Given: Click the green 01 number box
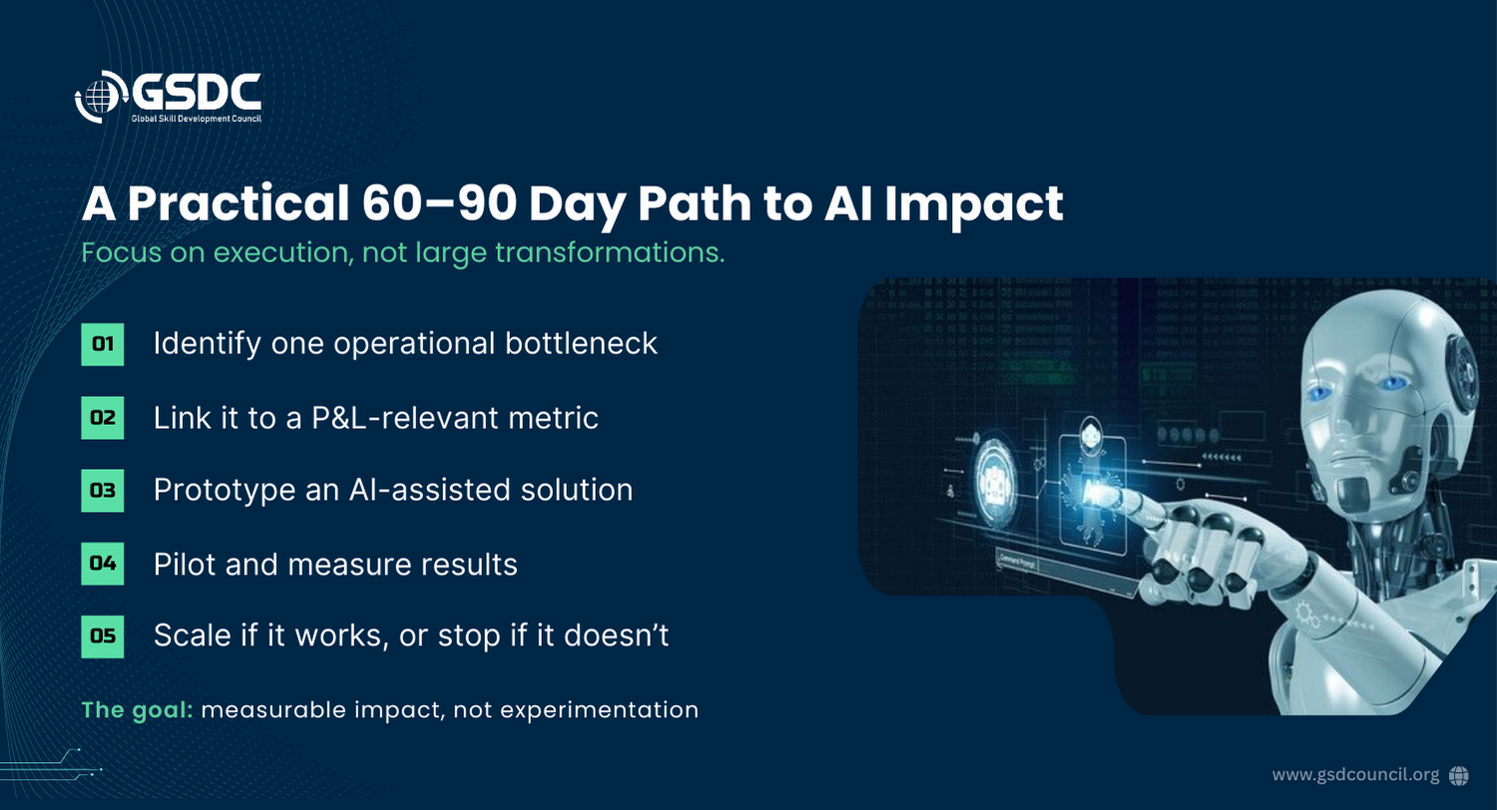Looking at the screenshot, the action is (x=102, y=344).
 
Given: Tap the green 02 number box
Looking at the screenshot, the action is (x=102, y=417).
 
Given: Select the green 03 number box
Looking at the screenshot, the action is (x=102, y=490).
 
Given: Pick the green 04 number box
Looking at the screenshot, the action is (x=102, y=564).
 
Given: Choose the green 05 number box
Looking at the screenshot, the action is (x=102, y=636).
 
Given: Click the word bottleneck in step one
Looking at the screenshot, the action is (x=581, y=343).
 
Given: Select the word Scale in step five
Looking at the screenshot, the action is (x=192, y=635).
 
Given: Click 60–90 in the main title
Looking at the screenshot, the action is (x=439, y=203).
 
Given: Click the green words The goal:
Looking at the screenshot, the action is (x=137, y=710).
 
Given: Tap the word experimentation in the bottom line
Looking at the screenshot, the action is (x=599, y=710).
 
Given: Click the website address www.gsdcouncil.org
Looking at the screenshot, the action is (x=1355, y=775).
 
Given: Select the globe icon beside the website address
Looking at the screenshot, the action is (x=1459, y=775).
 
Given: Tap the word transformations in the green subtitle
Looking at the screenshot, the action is (x=610, y=253).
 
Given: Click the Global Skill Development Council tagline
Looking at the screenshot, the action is (x=196, y=119).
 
